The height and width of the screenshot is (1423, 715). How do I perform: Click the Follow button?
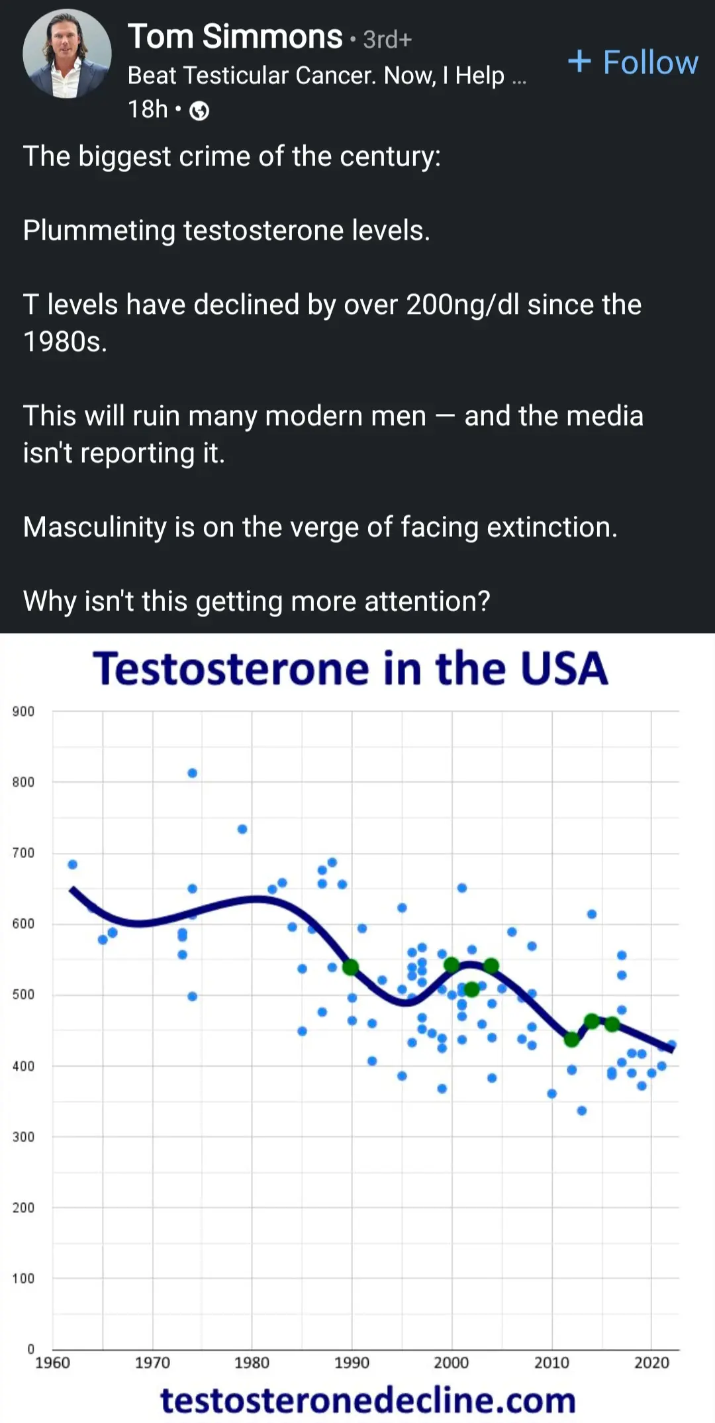[633, 62]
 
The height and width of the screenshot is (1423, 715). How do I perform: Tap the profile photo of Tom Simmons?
[67, 54]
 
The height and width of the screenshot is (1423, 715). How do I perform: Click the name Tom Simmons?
[235, 36]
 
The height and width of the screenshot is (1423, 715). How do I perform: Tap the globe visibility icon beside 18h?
[199, 111]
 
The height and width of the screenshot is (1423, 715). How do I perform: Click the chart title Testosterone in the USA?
[350, 668]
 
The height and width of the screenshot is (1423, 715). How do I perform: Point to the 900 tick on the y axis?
[23, 711]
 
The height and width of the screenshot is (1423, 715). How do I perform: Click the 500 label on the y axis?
[23, 995]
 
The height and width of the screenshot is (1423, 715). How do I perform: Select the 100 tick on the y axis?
[23, 1278]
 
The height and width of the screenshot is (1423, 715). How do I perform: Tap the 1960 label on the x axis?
[52, 1363]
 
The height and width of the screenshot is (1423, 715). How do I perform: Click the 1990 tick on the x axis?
[352, 1363]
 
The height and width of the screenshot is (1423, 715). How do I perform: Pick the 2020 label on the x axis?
[651, 1363]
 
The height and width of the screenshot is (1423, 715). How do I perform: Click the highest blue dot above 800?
[192, 773]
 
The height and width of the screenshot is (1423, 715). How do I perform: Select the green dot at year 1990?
[351, 967]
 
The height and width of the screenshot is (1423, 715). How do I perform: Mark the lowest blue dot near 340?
[582, 1110]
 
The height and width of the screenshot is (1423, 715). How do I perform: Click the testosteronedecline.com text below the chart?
[368, 1400]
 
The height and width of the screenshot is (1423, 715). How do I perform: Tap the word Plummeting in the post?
[99, 231]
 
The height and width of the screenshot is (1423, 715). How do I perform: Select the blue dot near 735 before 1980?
[242, 829]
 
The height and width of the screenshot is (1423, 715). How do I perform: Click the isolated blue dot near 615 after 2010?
[592, 914]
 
